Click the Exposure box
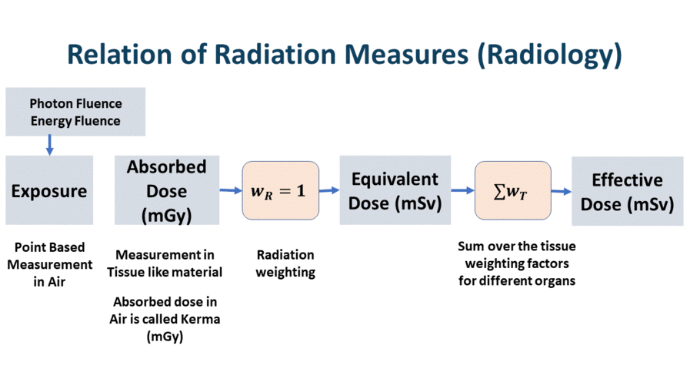pos(49,190)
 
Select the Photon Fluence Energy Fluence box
pos(75,112)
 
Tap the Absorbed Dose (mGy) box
pos(167,190)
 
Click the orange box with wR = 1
pos(280,190)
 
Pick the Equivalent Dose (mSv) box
pos(395,190)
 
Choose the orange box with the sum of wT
pos(512,190)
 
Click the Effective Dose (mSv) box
pos(627,191)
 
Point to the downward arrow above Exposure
pos(50,143)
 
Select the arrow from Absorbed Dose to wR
pos(230,189)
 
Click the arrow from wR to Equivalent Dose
pos(329,189)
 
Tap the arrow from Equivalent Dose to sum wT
pos(462,189)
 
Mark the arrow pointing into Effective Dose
pos(561,190)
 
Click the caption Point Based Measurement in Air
pos(50,264)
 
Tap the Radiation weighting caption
pos(285,263)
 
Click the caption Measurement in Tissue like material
pos(165,263)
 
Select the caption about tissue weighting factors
pos(516,263)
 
